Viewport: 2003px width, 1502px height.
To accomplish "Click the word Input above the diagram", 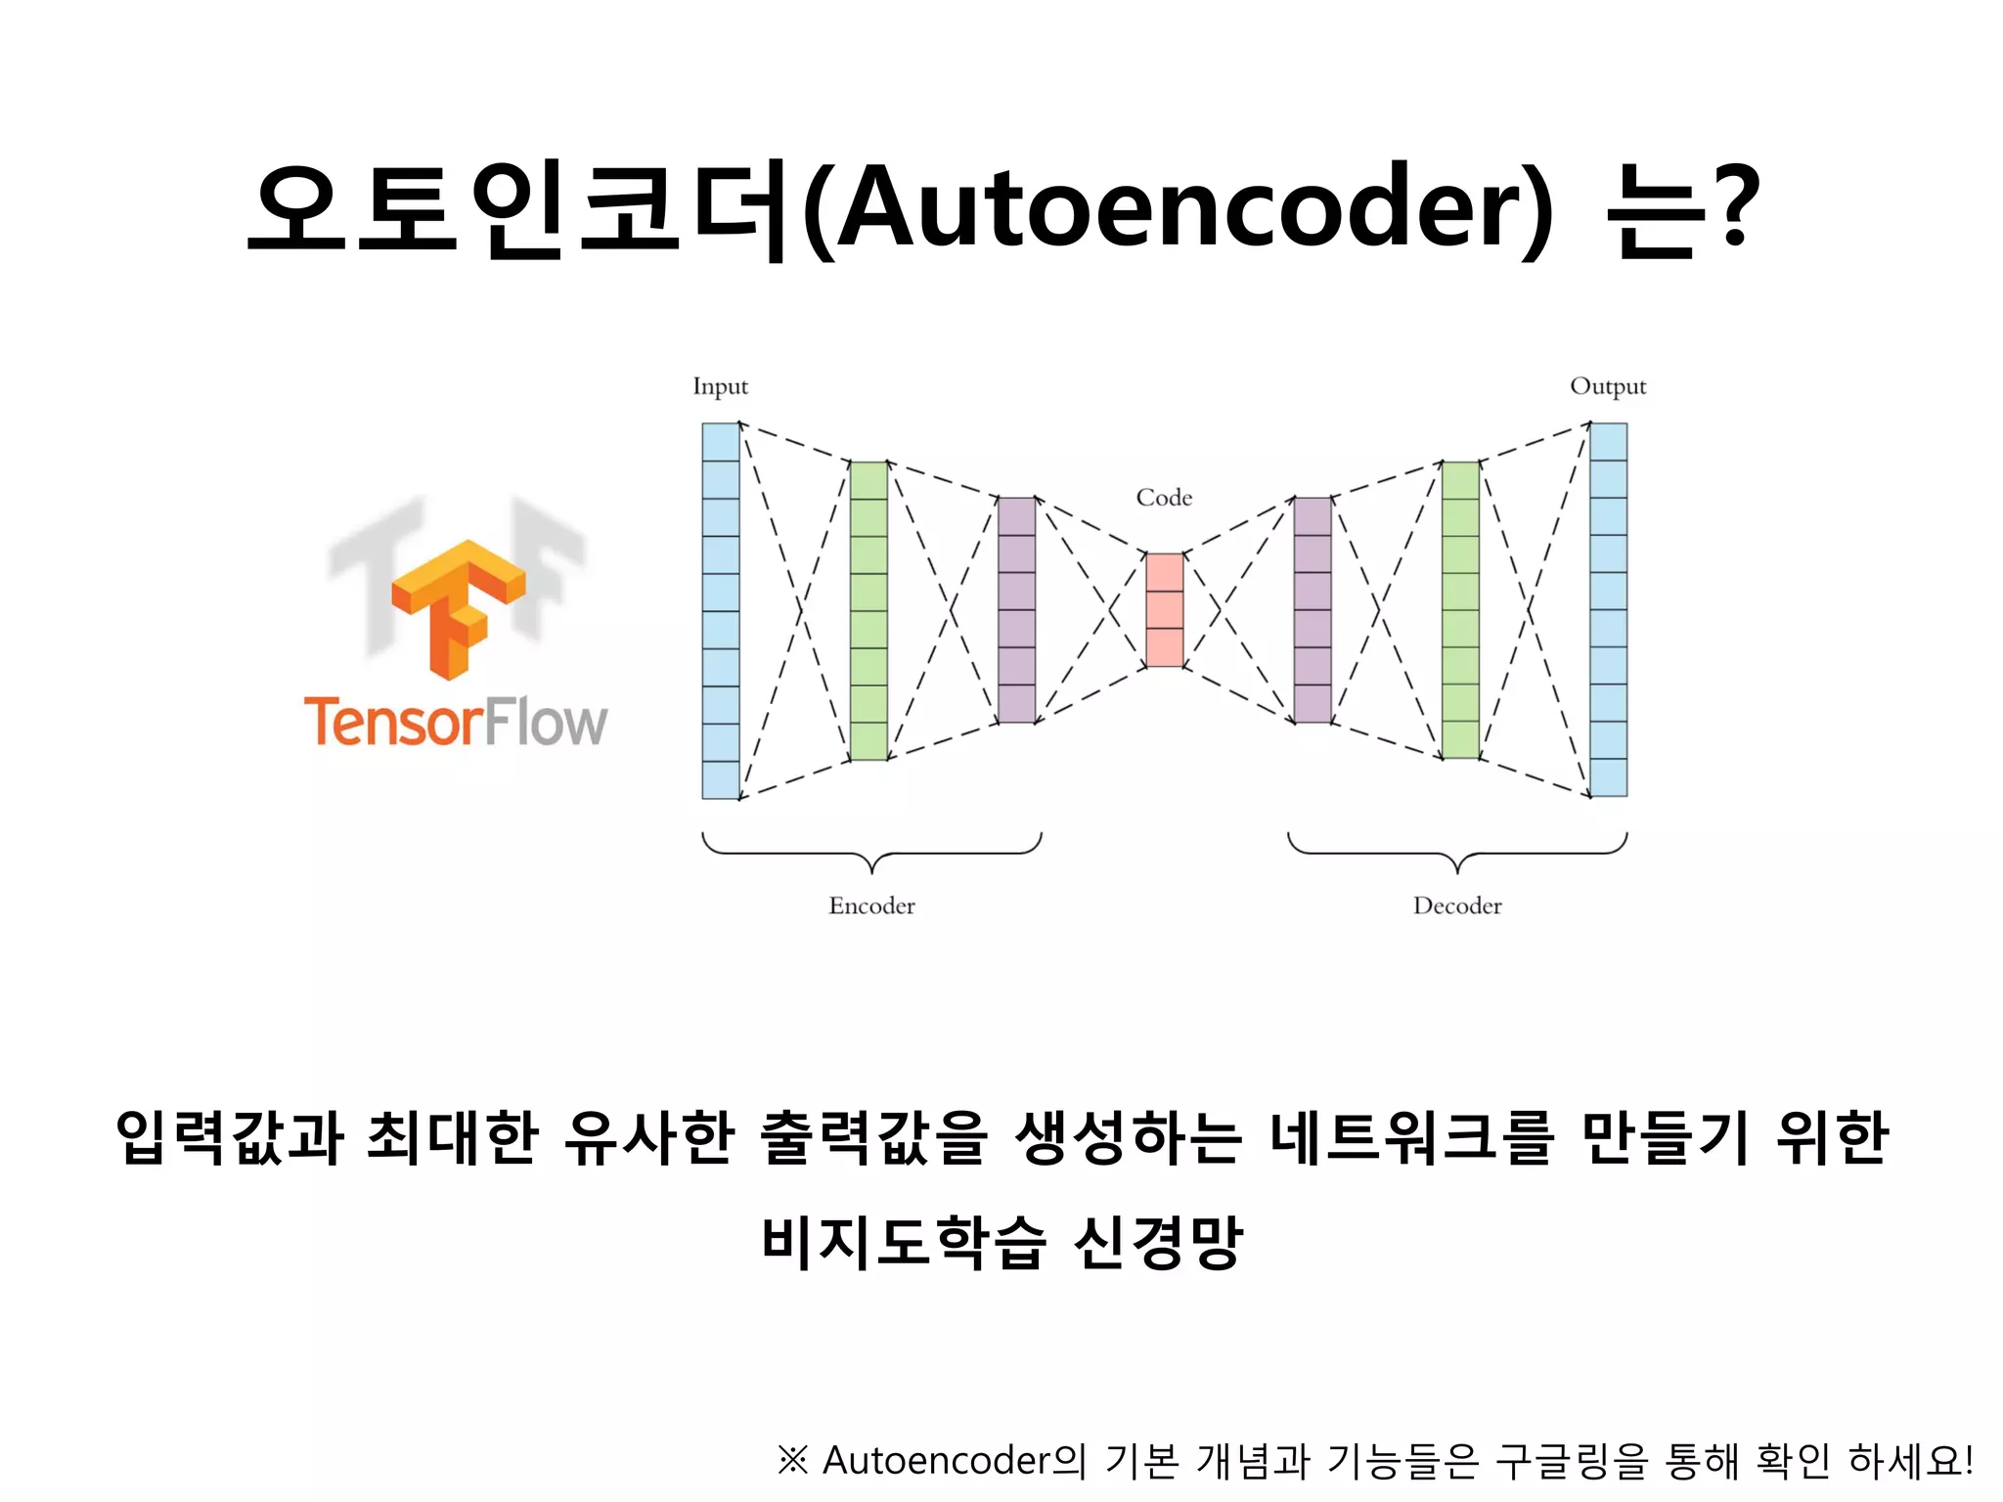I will click(x=720, y=386).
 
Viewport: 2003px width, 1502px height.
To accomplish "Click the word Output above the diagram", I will click(x=1608, y=386).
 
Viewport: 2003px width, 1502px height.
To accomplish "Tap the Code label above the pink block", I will click(x=1164, y=498).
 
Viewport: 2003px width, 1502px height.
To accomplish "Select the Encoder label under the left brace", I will click(x=871, y=906).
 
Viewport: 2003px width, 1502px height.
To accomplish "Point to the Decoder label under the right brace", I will click(x=1457, y=906).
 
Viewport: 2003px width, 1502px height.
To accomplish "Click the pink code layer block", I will click(x=1164, y=610).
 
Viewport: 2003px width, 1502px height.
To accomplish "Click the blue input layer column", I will click(x=721, y=610).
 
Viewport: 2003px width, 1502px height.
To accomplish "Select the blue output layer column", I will click(x=1608, y=610).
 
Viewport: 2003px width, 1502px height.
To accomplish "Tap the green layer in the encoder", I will click(x=868, y=610).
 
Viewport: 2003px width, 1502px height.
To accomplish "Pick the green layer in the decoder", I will click(x=1460, y=610).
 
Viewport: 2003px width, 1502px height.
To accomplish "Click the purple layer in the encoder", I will click(x=1016, y=610).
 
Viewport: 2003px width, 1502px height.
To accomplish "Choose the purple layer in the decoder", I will click(x=1312, y=610).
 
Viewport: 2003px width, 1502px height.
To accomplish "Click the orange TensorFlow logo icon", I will click(x=458, y=606).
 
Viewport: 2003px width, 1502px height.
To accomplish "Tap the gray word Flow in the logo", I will click(x=546, y=722).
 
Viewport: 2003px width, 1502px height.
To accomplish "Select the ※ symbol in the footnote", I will click(x=792, y=1460).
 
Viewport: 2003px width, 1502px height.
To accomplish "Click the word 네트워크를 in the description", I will click(x=1411, y=1137).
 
